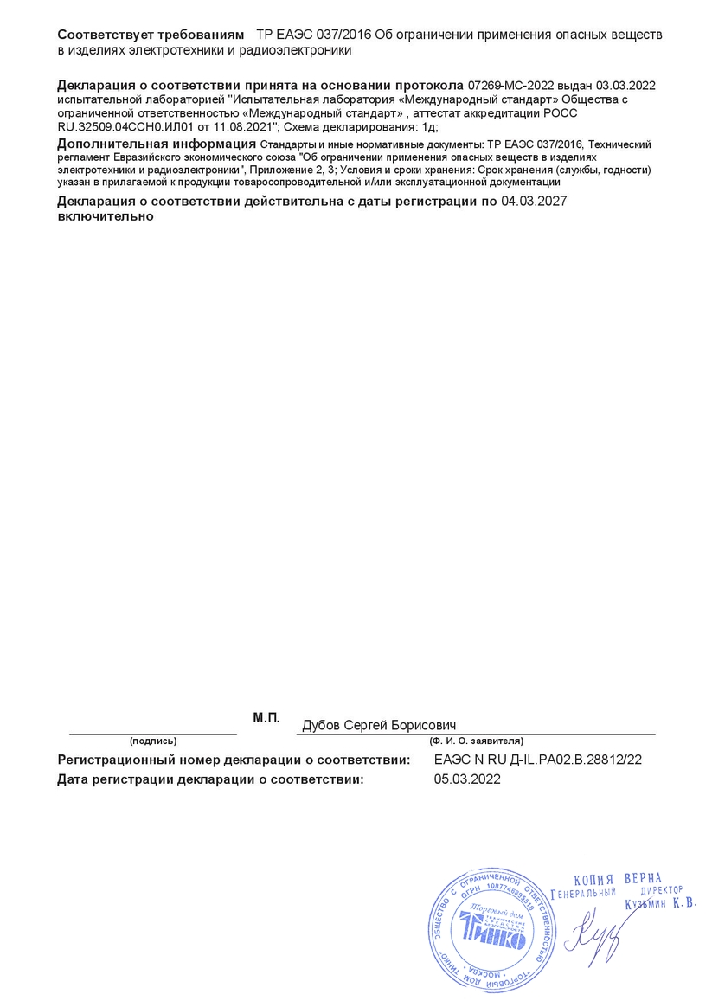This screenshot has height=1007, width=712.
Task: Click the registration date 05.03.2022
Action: [467, 779]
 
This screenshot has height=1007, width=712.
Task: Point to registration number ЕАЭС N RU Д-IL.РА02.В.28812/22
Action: [537, 760]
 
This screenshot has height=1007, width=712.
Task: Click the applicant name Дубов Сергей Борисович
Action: [379, 725]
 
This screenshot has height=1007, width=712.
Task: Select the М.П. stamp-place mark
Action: [266, 718]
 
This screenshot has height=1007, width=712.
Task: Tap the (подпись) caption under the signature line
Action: [153, 741]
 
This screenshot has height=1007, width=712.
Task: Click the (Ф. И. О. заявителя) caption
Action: [476, 741]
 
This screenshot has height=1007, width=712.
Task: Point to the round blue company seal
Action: [491, 931]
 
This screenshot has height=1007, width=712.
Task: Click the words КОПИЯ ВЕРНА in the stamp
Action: [617, 879]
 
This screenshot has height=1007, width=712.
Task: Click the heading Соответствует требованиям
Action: [151, 35]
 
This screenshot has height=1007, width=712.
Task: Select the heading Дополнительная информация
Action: [156, 144]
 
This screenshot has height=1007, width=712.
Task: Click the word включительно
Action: [106, 217]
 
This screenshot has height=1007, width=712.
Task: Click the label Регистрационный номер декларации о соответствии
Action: [234, 760]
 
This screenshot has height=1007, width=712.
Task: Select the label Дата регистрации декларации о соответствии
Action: [210, 779]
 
